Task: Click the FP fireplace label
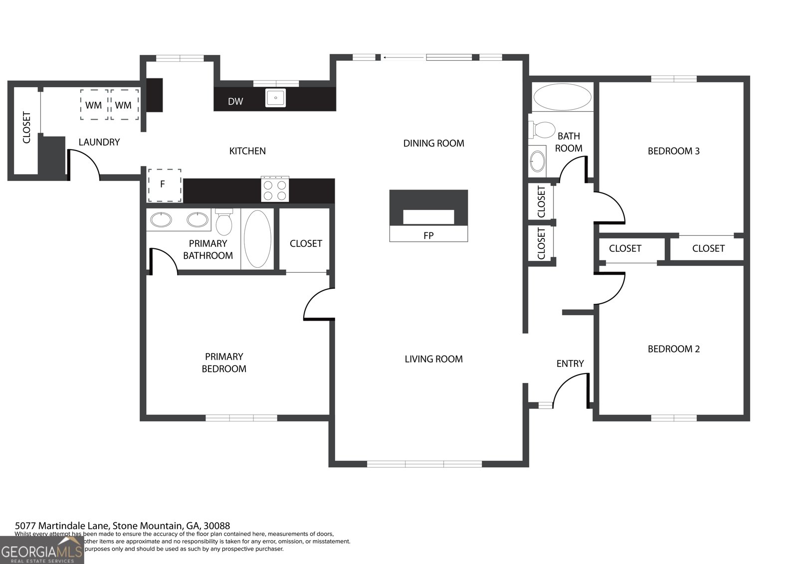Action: (428, 235)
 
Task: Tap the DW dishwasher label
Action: (235, 102)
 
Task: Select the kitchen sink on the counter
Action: (275, 98)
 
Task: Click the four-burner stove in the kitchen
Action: (275, 189)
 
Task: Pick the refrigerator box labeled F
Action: (164, 185)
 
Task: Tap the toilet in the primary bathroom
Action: (224, 222)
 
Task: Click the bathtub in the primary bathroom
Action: (257, 239)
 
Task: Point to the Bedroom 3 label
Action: (673, 151)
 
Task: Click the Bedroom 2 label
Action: (673, 349)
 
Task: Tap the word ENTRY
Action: (570, 364)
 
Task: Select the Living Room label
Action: (433, 359)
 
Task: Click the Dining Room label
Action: (433, 144)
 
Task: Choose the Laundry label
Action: (99, 142)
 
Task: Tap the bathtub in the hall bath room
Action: (562, 97)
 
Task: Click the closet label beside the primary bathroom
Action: (306, 243)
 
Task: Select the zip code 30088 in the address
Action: (216, 526)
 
